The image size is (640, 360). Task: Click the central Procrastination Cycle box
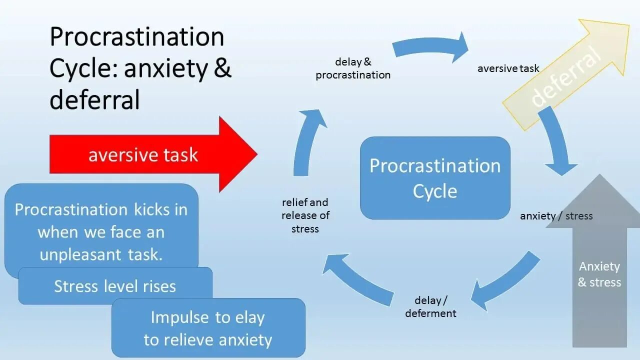[435, 178]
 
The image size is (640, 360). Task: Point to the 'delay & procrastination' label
[353, 68]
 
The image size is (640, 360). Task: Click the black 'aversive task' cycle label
[508, 68]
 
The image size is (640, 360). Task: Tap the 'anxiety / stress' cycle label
[556, 216]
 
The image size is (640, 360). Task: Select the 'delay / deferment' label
[430, 306]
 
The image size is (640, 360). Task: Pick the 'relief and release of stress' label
[305, 215]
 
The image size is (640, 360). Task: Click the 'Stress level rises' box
[115, 286]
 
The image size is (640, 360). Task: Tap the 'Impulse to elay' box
[208, 328]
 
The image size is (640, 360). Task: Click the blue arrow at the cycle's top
[430, 47]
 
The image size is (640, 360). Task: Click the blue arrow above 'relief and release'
[308, 142]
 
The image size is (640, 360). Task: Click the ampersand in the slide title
[222, 68]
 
